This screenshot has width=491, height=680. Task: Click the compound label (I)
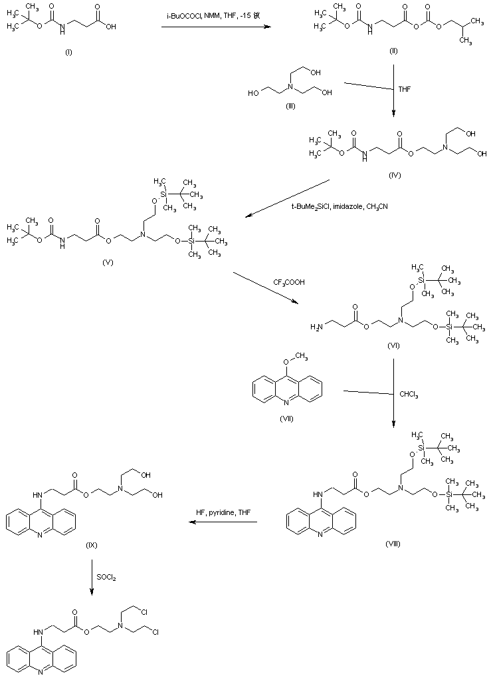click(x=68, y=53)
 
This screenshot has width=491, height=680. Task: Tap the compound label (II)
click(x=393, y=53)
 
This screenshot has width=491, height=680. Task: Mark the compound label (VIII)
click(x=394, y=542)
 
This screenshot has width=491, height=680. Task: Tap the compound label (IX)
click(x=92, y=545)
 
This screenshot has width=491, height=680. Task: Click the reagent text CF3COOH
click(x=288, y=282)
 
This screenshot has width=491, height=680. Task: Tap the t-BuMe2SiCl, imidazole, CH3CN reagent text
click(x=340, y=206)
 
